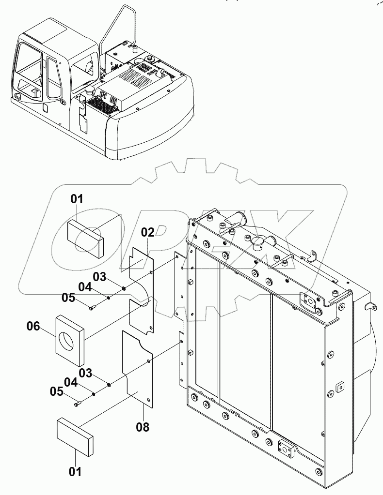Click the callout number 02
[x=148, y=232]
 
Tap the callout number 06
[x=33, y=327]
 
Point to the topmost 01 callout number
[x=77, y=199]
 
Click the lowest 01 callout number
[x=76, y=470]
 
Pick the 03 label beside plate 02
[x=99, y=277]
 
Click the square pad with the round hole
[x=70, y=339]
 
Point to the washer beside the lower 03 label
[x=110, y=385]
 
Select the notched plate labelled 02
[x=141, y=290]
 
